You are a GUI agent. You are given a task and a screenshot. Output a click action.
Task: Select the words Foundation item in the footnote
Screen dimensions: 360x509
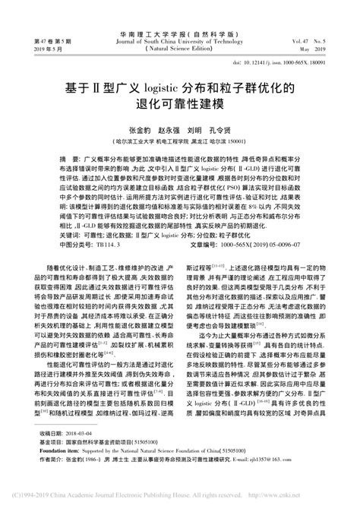coord(58,469)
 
